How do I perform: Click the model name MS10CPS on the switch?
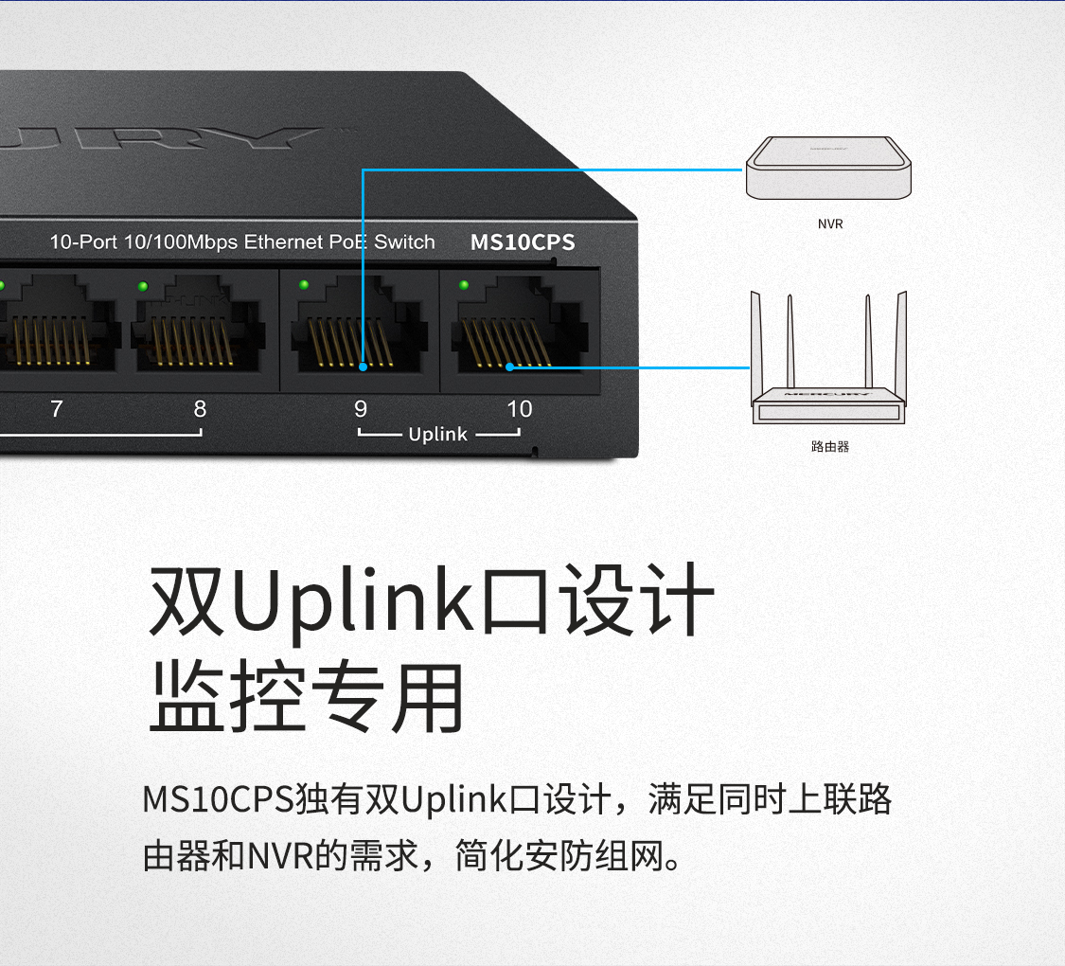(523, 242)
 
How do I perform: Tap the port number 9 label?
(361, 409)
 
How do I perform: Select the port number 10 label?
(520, 409)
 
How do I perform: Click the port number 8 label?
(200, 409)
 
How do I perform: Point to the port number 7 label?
(57, 409)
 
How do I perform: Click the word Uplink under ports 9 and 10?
(437, 435)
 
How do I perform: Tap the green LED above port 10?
(464, 284)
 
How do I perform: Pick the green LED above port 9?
(304, 284)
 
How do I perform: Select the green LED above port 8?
(143, 285)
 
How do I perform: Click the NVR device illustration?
(829, 168)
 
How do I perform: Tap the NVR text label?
(830, 224)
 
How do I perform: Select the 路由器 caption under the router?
(830, 445)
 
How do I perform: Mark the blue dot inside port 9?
(364, 366)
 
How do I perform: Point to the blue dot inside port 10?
(509, 367)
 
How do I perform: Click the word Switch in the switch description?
(404, 242)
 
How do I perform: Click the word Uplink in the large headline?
(354, 600)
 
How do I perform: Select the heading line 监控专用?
(307, 698)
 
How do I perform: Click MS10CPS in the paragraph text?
(218, 799)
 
